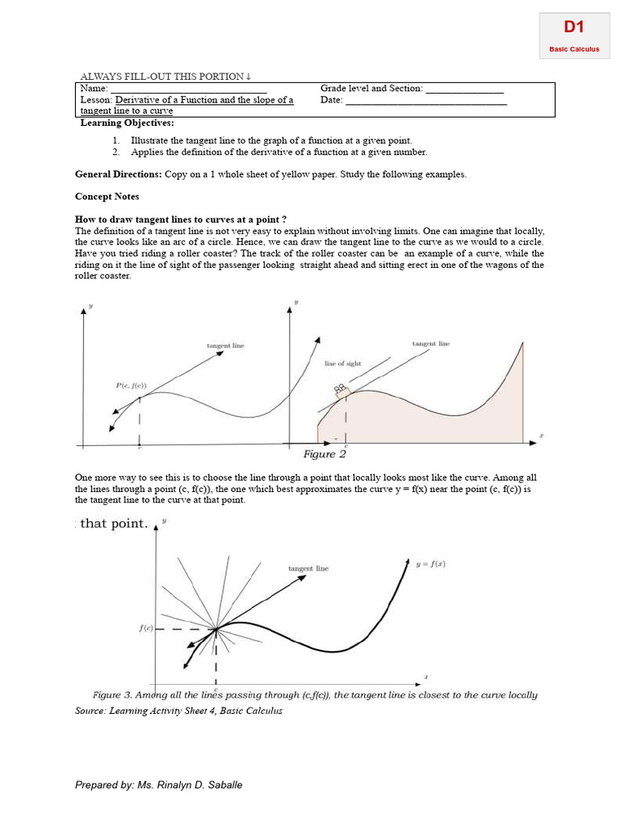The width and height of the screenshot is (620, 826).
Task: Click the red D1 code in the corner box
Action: tap(574, 27)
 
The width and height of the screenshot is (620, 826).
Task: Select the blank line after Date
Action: tap(425, 102)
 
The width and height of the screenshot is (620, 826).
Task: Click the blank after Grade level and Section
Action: tap(464, 90)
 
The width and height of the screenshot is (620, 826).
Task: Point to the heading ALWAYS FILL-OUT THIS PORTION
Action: tap(165, 77)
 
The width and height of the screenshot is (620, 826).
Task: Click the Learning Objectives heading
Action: tap(127, 123)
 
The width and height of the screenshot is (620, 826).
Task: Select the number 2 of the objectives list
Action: tap(116, 152)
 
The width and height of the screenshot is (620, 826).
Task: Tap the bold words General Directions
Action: tap(119, 174)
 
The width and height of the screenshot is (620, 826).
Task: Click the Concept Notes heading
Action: tap(107, 197)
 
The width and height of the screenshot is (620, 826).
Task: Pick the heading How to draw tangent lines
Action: tap(181, 219)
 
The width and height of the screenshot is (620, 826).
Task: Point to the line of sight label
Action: tap(343, 364)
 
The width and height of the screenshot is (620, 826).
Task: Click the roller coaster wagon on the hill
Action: tap(341, 390)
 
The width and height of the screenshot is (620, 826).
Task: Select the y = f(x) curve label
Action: tap(431, 565)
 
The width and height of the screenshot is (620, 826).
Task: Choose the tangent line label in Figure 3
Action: tap(308, 569)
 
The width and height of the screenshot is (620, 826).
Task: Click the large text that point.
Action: tap(114, 524)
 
